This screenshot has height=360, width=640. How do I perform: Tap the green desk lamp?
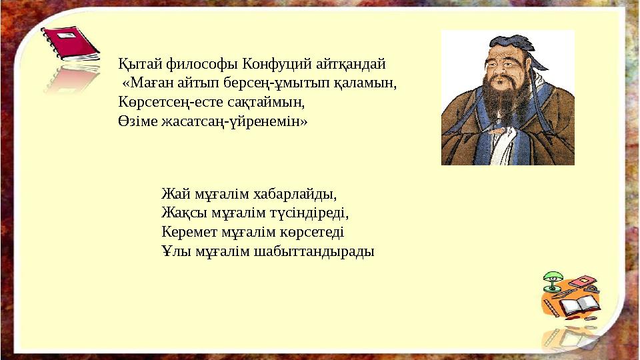(551, 280)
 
